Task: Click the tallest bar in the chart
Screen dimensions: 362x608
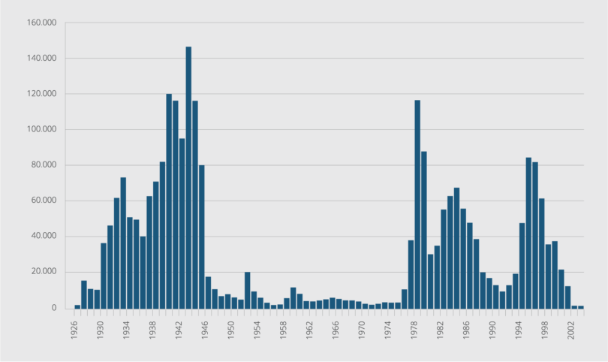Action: coord(188,177)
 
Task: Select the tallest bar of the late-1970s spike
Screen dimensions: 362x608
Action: coord(417,204)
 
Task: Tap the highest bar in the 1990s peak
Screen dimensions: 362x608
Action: coord(528,233)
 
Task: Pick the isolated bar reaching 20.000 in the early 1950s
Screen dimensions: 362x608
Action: coord(247,290)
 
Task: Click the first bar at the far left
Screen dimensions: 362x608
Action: coord(77,306)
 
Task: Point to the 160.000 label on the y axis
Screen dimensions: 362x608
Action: coord(42,23)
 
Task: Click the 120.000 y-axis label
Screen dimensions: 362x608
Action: coord(42,94)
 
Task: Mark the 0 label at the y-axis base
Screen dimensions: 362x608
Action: coord(54,308)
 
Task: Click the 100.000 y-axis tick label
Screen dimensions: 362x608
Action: coord(42,129)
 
